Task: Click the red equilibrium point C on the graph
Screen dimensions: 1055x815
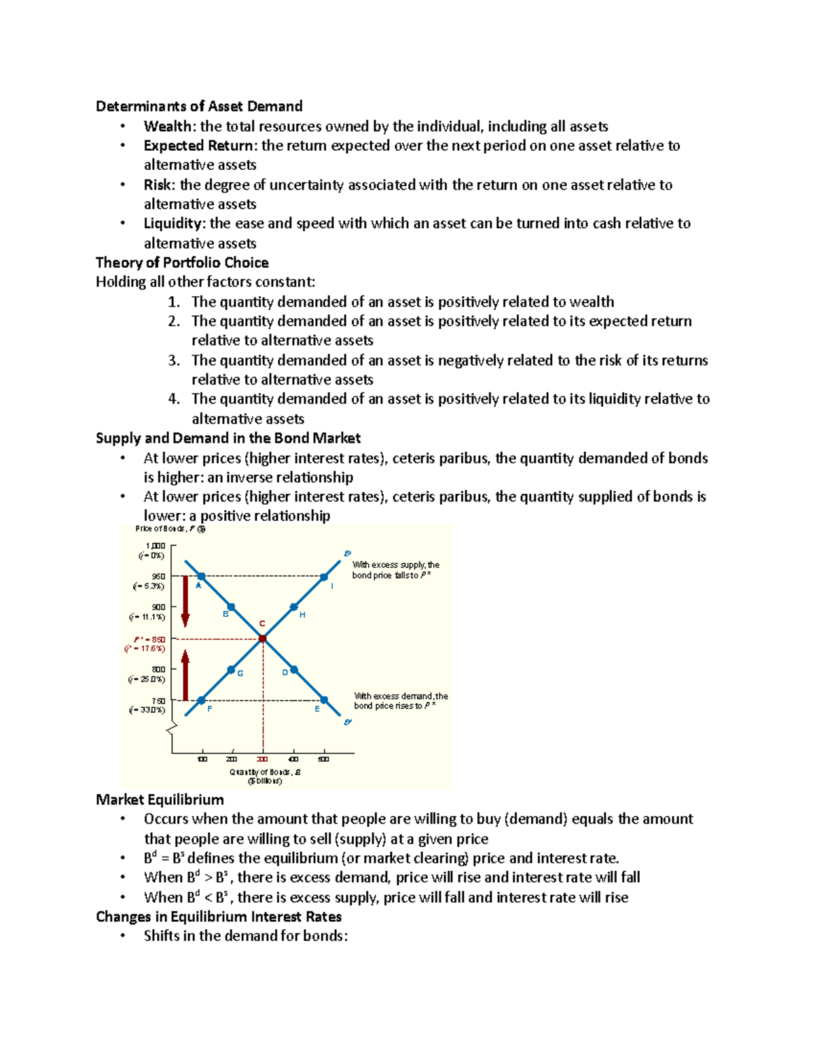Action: click(263, 639)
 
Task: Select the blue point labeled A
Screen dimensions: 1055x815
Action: click(201, 576)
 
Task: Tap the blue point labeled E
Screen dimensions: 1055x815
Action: click(324, 700)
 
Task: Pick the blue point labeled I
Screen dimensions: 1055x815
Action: click(324, 577)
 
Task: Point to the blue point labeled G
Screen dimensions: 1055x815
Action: click(231, 670)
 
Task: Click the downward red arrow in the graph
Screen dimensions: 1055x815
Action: click(185, 601)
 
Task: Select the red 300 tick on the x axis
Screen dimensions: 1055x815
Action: click(263, 759)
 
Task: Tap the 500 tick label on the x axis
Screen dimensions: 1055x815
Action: click(323, 759)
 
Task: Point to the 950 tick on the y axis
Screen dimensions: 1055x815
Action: click(159, 576)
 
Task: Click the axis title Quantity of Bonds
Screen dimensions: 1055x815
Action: click(265, 772)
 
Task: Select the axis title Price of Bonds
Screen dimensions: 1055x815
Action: click(170, 529)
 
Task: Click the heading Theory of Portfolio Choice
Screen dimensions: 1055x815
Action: click(182, 263)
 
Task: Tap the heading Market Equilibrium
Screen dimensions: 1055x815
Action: click(160, 800)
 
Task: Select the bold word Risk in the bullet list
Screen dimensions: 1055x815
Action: click(159, 185)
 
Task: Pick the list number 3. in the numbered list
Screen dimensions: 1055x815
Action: click(175, 360)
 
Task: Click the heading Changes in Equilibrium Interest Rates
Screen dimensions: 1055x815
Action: click(219, 916)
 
